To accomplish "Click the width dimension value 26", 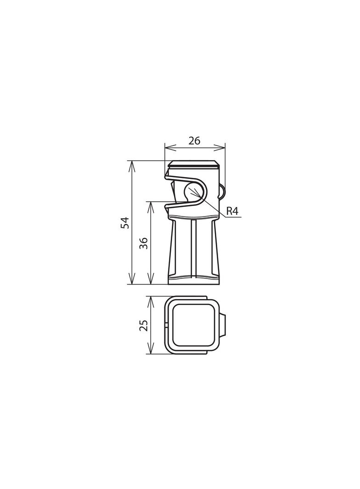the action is point(194,141).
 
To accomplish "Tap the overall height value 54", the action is point(124,222).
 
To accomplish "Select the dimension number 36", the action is point(143,243).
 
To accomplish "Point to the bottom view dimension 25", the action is point(143,325).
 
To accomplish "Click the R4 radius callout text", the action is point(232,211).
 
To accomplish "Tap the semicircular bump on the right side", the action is point(221,191).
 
